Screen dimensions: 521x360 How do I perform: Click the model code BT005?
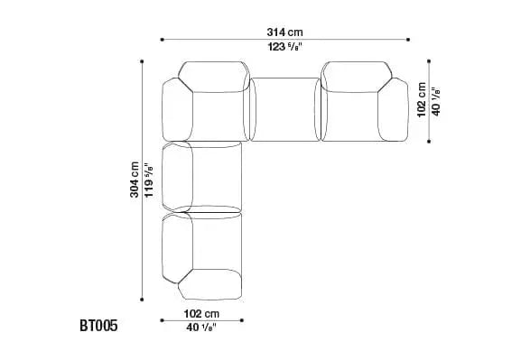[x=98, y=326]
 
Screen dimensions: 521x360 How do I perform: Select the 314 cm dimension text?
[x=284, y=32]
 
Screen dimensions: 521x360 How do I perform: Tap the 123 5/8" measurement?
[x=284, y=47]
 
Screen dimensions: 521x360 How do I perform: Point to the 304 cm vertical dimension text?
[x=135, y=180]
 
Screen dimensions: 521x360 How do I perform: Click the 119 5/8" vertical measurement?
[x=148, y=180]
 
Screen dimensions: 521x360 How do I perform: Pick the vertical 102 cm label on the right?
[x=422, y=99]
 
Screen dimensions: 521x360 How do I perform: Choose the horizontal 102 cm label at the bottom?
[x=201, y=313]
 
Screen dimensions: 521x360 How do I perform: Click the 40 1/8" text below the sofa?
[x=201, y=328]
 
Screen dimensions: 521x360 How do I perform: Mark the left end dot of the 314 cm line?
[x=163, y=40]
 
